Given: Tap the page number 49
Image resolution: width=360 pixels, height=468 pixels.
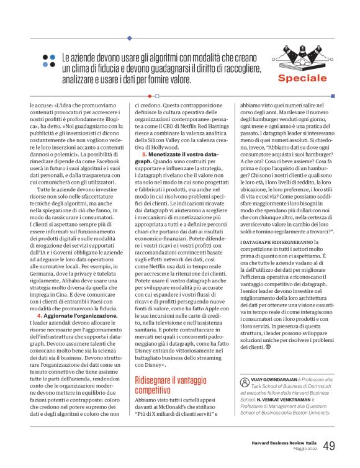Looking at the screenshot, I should pos(330,444).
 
